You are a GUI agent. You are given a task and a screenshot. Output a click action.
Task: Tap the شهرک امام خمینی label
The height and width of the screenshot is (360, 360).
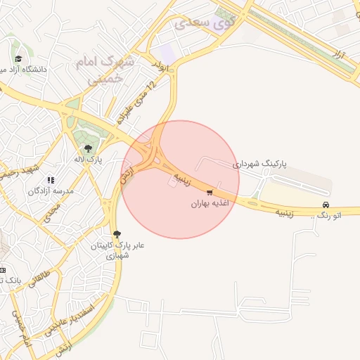(x=105, y=70)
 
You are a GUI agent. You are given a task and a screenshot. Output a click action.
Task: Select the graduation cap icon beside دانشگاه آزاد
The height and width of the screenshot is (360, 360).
(x=18, y=58)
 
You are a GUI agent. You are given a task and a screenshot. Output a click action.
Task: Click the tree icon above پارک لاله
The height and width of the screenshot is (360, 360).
(x=88, y=148)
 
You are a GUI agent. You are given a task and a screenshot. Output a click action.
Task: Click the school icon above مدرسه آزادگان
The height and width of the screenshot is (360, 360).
(x=50, y=180)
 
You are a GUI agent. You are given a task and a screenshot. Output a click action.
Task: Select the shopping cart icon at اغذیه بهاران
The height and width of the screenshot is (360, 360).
(x=210, y=192)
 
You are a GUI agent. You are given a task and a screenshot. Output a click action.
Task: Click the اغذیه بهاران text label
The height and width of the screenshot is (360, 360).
(x=210, y=204)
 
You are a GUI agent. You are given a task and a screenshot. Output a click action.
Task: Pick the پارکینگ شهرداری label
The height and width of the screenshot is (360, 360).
(x=261, y=164)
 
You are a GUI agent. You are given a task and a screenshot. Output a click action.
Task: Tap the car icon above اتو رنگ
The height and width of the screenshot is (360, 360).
(x=325, y=205)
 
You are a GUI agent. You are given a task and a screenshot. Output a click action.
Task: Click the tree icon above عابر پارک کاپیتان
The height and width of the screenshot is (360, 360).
(x=116, y=234)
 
